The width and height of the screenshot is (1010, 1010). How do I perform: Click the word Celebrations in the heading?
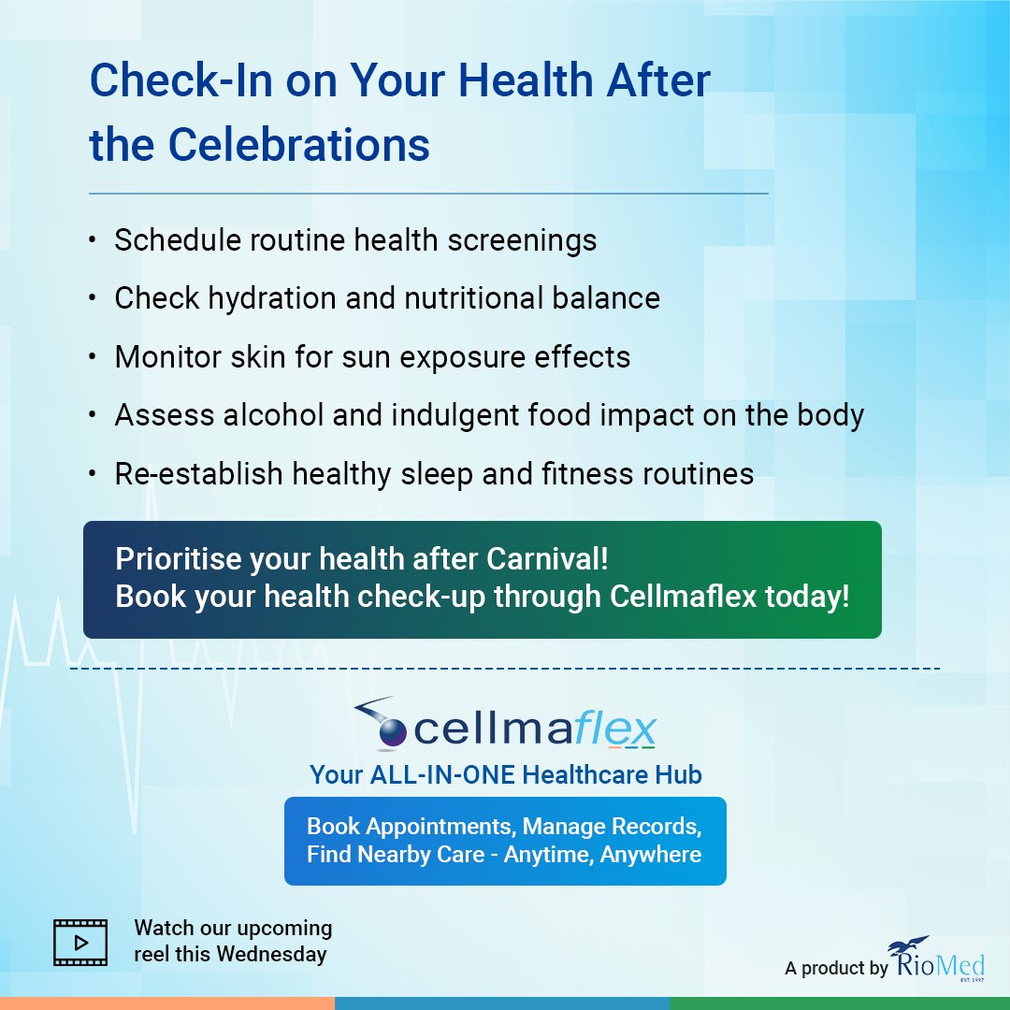pos(298,145)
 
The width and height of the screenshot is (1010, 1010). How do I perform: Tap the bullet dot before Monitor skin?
pos(92,357)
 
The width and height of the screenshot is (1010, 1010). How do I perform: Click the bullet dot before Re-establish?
pos(92,474)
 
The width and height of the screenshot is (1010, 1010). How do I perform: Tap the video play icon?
pos(79,942)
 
